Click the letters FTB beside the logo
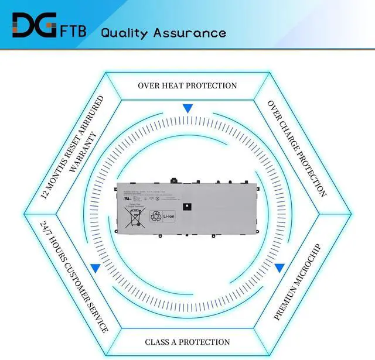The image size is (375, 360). (73, 30)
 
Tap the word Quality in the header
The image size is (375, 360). (124, 32)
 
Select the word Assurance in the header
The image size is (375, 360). (189, 32)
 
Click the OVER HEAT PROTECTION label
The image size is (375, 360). (187, 85)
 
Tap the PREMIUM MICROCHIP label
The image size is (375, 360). (298, 281)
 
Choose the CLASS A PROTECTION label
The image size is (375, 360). (187, 342)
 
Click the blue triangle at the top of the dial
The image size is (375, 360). (187, 109)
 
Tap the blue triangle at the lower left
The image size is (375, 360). (95, 269)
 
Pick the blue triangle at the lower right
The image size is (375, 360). (279, 268)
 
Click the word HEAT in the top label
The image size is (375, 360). (174, 85)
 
